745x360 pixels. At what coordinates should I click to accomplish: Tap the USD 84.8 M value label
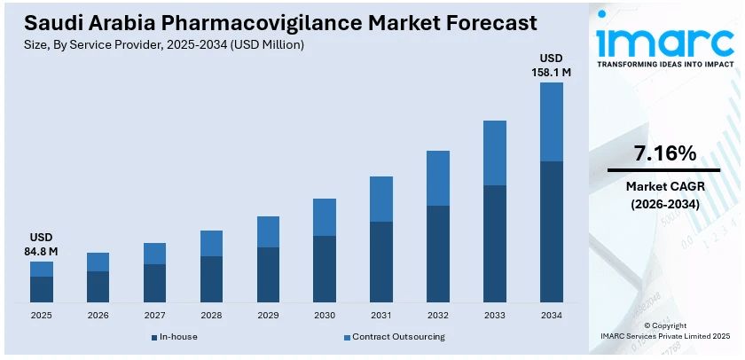pyautogui.click(x=42, y=245)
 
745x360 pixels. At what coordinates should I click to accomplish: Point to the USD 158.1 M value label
pyautogui.click(x=551, y=65)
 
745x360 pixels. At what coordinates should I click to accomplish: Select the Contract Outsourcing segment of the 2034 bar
pyautogui.click(x=551, y=121)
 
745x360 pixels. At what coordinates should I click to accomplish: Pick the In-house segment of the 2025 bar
pyautogui.click(x=42, y=290)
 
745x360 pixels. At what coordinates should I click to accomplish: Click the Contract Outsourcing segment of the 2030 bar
pyautogui.click(x=325, y=217)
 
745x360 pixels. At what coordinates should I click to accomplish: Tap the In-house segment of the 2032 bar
pyautogui.click(x=438, y=254)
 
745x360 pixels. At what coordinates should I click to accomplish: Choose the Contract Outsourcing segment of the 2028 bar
pyautogui.click(x=211, y=244)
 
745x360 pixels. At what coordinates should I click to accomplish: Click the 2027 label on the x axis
pyautogui.click(x=154, y=316)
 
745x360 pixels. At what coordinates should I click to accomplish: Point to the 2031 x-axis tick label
pyautogui.click(x=381, y=316)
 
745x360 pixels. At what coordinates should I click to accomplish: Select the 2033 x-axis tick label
pyautogui.click(x=494, y=316)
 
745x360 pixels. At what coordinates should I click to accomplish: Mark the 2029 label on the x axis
pyautogui.click(x=268, y=316)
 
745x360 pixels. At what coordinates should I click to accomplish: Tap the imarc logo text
pyautogui.click(x=663, y=41)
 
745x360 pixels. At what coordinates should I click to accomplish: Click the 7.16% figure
pyautogui.click(x=664, y=153)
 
